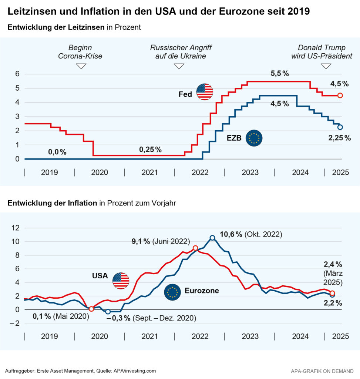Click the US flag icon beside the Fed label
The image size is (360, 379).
pos(205,92)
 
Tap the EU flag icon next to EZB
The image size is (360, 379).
pos(254,138)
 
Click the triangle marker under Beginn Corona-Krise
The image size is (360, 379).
pos(81,66)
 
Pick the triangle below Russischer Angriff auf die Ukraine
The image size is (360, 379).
pos(179,66)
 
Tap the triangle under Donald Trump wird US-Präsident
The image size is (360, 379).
pos(326,66)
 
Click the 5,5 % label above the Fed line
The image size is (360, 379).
pos(280,74)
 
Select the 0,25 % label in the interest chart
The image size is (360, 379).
pos(150,150)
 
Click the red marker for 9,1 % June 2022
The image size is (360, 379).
pos(196,248)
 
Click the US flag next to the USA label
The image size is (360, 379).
pos(121,281)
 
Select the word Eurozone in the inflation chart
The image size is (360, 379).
pos(202,291)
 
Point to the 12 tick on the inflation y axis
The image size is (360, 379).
pos(15,228)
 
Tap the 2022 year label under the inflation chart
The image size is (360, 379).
pos(200,336)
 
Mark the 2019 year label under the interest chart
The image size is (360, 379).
pos(50,172)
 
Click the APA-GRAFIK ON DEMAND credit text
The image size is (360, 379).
pos(322,371)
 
